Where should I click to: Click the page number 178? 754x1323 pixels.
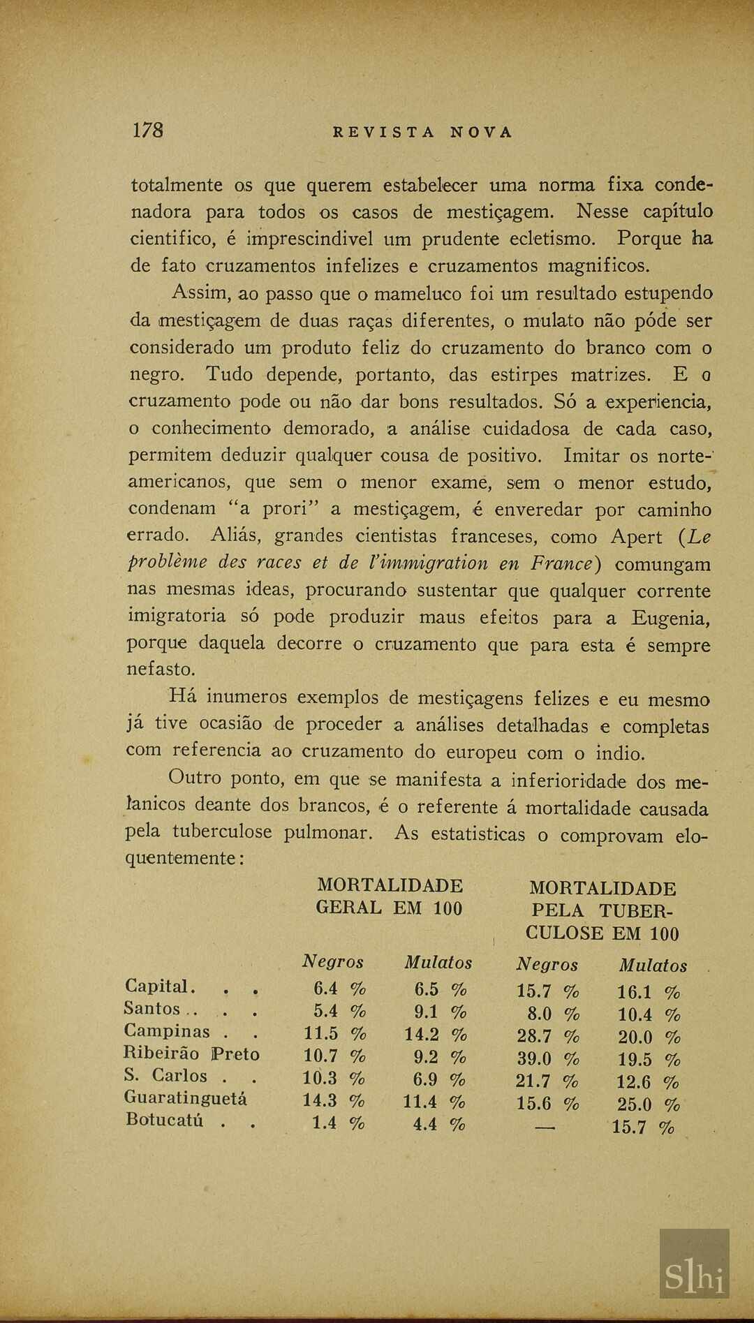147,131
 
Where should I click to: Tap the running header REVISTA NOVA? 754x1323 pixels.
422,133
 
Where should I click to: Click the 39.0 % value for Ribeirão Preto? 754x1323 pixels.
547,1059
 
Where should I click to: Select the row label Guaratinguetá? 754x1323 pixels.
185,1098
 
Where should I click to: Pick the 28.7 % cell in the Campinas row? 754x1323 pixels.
548,1037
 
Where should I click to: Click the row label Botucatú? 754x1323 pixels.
165,1121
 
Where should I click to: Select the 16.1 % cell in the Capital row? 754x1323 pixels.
648,992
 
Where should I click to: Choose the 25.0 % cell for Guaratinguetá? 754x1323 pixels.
649,1104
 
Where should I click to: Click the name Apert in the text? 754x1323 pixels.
636,537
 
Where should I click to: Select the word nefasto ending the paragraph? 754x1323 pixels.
161,670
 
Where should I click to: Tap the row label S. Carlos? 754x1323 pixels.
165,1076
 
